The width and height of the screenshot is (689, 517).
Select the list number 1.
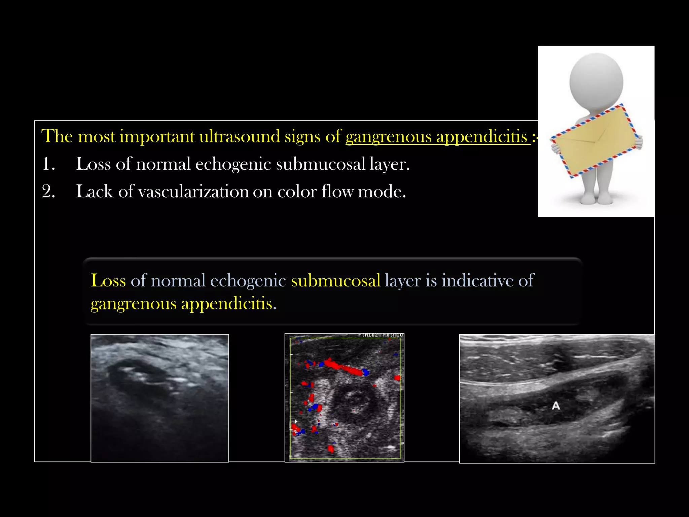(x=48, y=164)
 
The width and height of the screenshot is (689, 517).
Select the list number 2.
(x=48, y=192)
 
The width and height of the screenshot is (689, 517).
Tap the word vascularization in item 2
(x=193, y=192)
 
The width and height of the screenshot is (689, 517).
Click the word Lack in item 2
(x=94, y=192)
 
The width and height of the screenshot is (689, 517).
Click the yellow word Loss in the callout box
(x=108, y=280)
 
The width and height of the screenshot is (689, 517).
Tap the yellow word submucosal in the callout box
(x=335, y=280)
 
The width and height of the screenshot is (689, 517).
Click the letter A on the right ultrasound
(x=556, y=406)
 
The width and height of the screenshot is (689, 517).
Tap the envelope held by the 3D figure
(x=596, y=141)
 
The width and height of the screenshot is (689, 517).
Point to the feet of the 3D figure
(x=596, y=199)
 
